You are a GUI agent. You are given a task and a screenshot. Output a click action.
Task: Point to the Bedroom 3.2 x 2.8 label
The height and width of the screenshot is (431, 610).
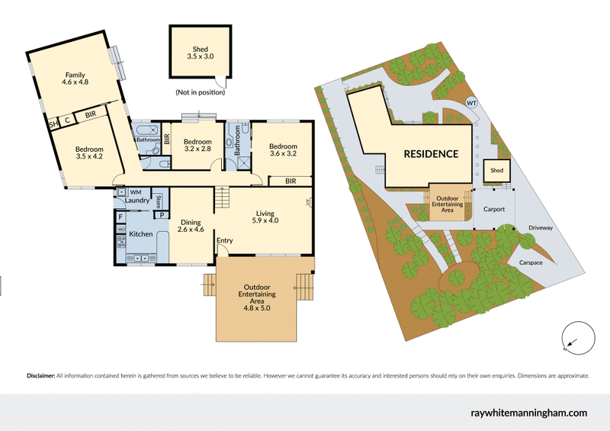pyautogui.click(x=197, y=146)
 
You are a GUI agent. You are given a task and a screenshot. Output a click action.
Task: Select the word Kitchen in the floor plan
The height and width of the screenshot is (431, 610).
pyautogui.click(x=141, y=233)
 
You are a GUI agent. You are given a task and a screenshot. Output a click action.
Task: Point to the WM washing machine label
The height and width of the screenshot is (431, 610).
pyautogui.click(x=136, y=191)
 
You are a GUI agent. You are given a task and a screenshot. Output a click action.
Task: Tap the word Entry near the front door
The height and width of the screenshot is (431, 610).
pyautogui.click(x=224, y=241)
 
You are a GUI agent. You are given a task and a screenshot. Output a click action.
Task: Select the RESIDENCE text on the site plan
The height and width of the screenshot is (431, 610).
pyautogui.click(x=431, y=153)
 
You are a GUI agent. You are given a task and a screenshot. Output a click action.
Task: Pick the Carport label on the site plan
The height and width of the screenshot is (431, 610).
pyautogui.click(x=494, y=208)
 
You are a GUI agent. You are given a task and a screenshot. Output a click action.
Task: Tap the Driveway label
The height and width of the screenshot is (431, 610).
pyautogui.click(x=540, y=228)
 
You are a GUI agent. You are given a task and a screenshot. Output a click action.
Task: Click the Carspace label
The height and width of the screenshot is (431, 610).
pyautogui.click(x=532, y=262)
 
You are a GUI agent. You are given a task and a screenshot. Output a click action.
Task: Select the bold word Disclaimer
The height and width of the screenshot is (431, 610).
pyautogui.click(x=40, y=376)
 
